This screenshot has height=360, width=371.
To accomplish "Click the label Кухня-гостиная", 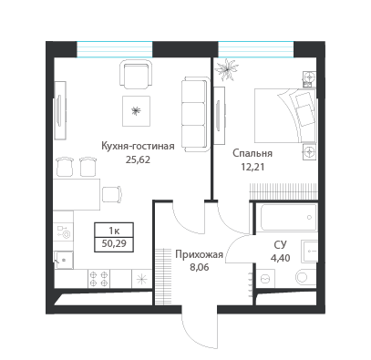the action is point(138,147).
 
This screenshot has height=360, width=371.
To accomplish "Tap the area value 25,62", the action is point(138,159).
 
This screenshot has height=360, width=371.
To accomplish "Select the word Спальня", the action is point(252,153).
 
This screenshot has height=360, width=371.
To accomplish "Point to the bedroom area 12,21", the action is point(252,167).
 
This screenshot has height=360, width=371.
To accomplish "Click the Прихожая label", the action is point(200,254).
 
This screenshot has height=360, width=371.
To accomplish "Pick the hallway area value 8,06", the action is point(199,268).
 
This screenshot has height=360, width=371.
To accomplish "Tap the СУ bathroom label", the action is point(280,244).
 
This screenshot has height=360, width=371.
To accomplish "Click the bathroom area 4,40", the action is point(280,258).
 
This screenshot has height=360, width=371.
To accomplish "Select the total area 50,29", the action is point(114,243).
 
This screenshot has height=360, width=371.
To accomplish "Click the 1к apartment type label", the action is point(114,231).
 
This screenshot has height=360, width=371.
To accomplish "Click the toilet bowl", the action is point(305,276).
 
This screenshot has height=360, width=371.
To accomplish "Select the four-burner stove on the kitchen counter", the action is point(99,279).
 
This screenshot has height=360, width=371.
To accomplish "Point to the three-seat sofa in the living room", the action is point(196,114).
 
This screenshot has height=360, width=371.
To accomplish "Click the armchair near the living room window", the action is point(136,74).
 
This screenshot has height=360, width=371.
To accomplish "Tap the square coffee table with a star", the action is point(136,111).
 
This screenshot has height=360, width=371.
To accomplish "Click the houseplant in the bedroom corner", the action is point(226,70).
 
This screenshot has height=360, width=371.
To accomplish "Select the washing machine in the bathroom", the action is point(265,278).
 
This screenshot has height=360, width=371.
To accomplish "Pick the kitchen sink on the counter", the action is point(64,260).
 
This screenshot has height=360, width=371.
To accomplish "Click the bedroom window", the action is point(256,49).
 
